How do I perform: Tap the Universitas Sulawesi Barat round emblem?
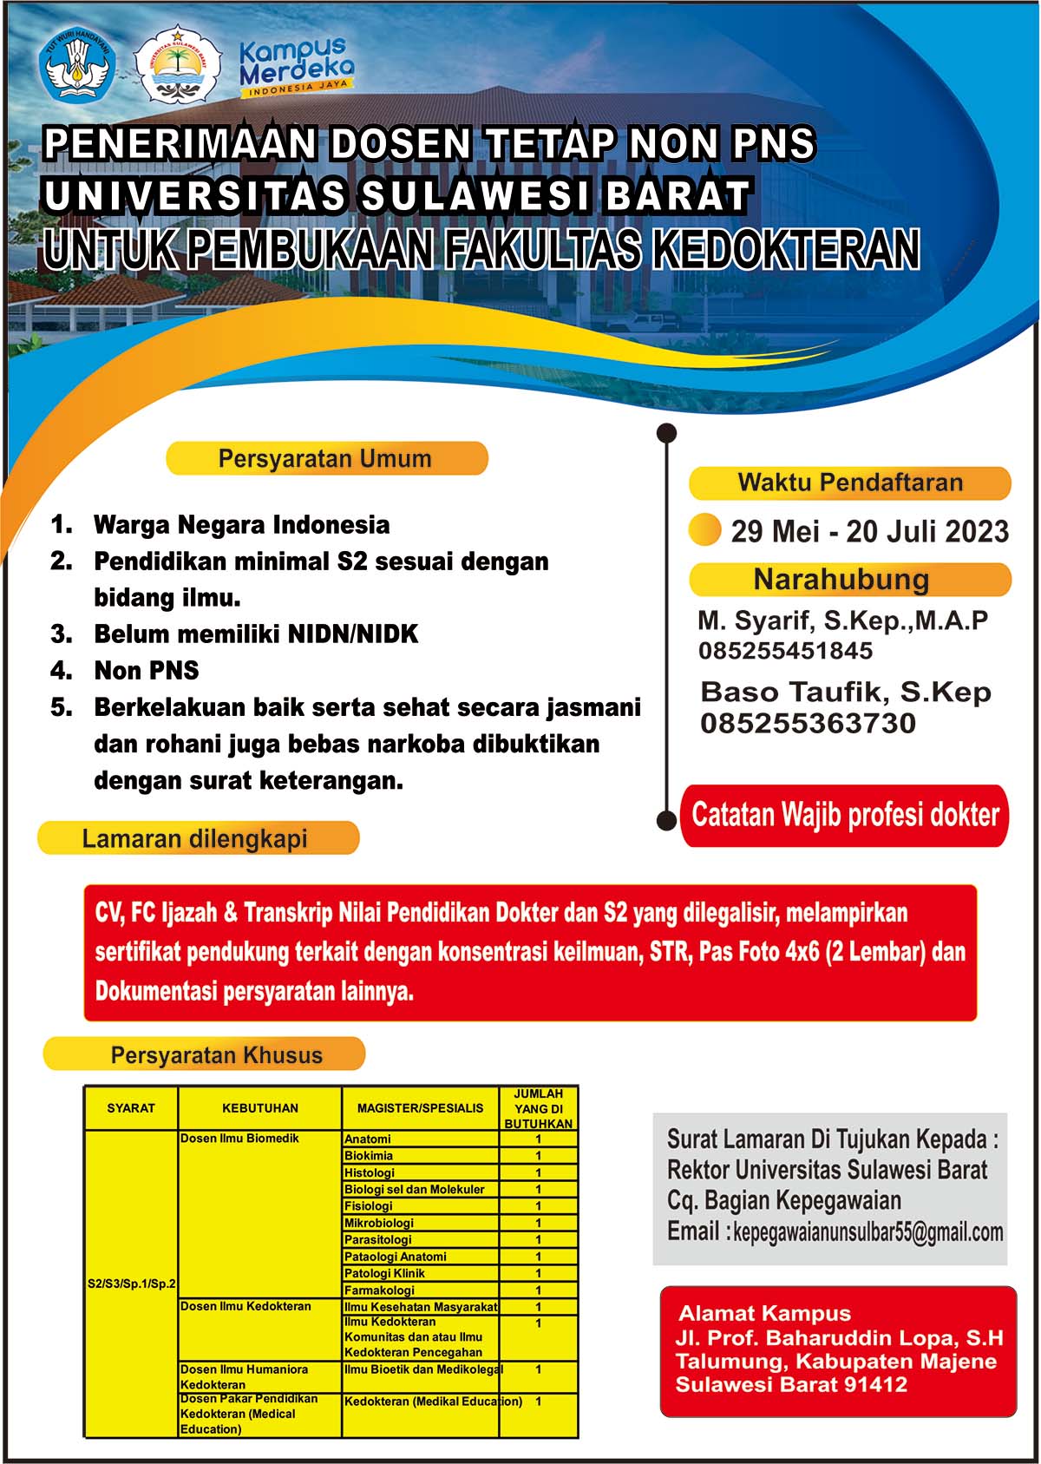(x=178, y=65)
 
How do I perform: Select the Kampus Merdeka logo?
(x=296, y=66)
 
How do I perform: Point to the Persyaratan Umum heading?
(x=325, y=458)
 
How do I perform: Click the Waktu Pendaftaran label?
(x=850, y=483)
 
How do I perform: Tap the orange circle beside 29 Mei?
(x=704, y=529)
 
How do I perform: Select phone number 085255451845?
(x=785, y=651)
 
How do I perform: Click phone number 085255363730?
(x=808, y=723)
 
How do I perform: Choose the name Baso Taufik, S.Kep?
(x=845, y=692)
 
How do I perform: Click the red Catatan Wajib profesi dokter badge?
(x=845, y=815)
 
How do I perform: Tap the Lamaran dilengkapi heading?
(x=196, y=838)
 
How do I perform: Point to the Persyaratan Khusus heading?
(x=217, y=1055)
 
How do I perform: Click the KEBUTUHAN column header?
(x=259, y=1108)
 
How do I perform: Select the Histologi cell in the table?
(x=370, y=1172)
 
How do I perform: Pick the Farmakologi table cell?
(x=379, y=1290)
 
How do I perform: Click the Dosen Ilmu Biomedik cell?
(x=239, y=1139)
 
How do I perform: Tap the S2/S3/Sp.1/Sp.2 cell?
(x=131, y=1283)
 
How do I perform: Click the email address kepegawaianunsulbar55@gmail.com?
(x=868, y=1232)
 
